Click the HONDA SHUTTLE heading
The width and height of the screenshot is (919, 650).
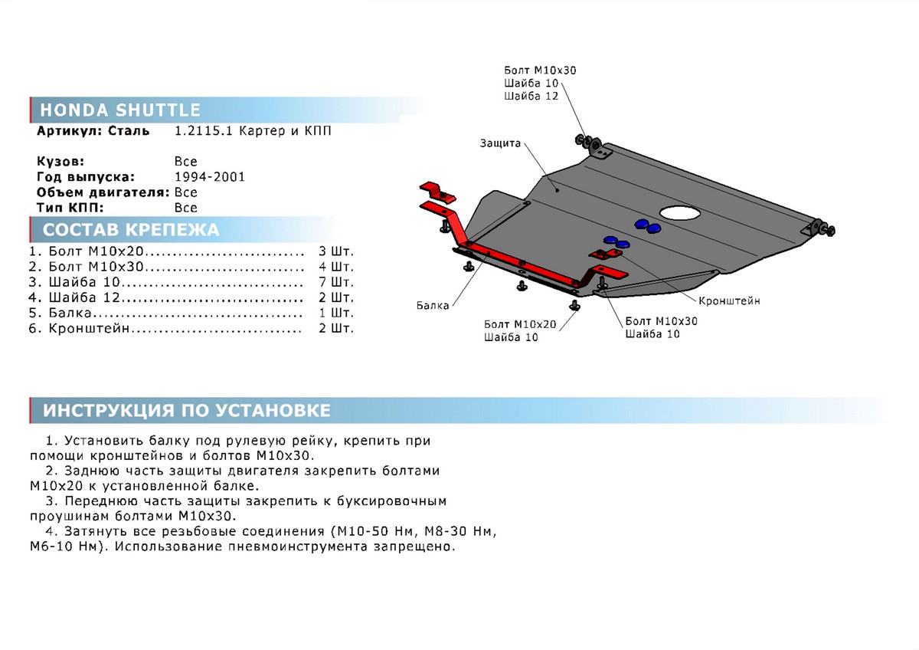tap(120, 110)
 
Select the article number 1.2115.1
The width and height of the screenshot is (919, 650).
tap(204, 131)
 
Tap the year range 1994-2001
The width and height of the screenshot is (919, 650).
tap(210, 177)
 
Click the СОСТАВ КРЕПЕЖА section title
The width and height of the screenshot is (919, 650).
tap(131, 230)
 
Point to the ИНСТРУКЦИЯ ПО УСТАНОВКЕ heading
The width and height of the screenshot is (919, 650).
tap(187, 411)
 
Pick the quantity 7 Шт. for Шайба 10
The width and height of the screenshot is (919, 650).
tap(336, 282)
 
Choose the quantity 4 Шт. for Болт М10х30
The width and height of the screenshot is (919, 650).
tap(336, 267)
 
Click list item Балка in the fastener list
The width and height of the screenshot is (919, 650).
tap(70, 313)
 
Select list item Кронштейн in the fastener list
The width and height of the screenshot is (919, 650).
tap(89, 329)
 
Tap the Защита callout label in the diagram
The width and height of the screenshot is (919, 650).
tap(500, 143)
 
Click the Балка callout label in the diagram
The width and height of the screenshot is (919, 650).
tap(433, 306)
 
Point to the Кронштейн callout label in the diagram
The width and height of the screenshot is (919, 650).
tap(729, 301)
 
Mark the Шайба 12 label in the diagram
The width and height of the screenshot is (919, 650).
tap(531, 96)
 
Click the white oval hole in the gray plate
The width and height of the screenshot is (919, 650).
tap(680, 212)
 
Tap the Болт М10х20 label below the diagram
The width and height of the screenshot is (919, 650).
tap(520, 324)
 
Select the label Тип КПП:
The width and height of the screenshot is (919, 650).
tap(70, 208)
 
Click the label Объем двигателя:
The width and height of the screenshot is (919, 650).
tap(103, 192)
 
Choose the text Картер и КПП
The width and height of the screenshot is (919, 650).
tap(285, 131)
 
